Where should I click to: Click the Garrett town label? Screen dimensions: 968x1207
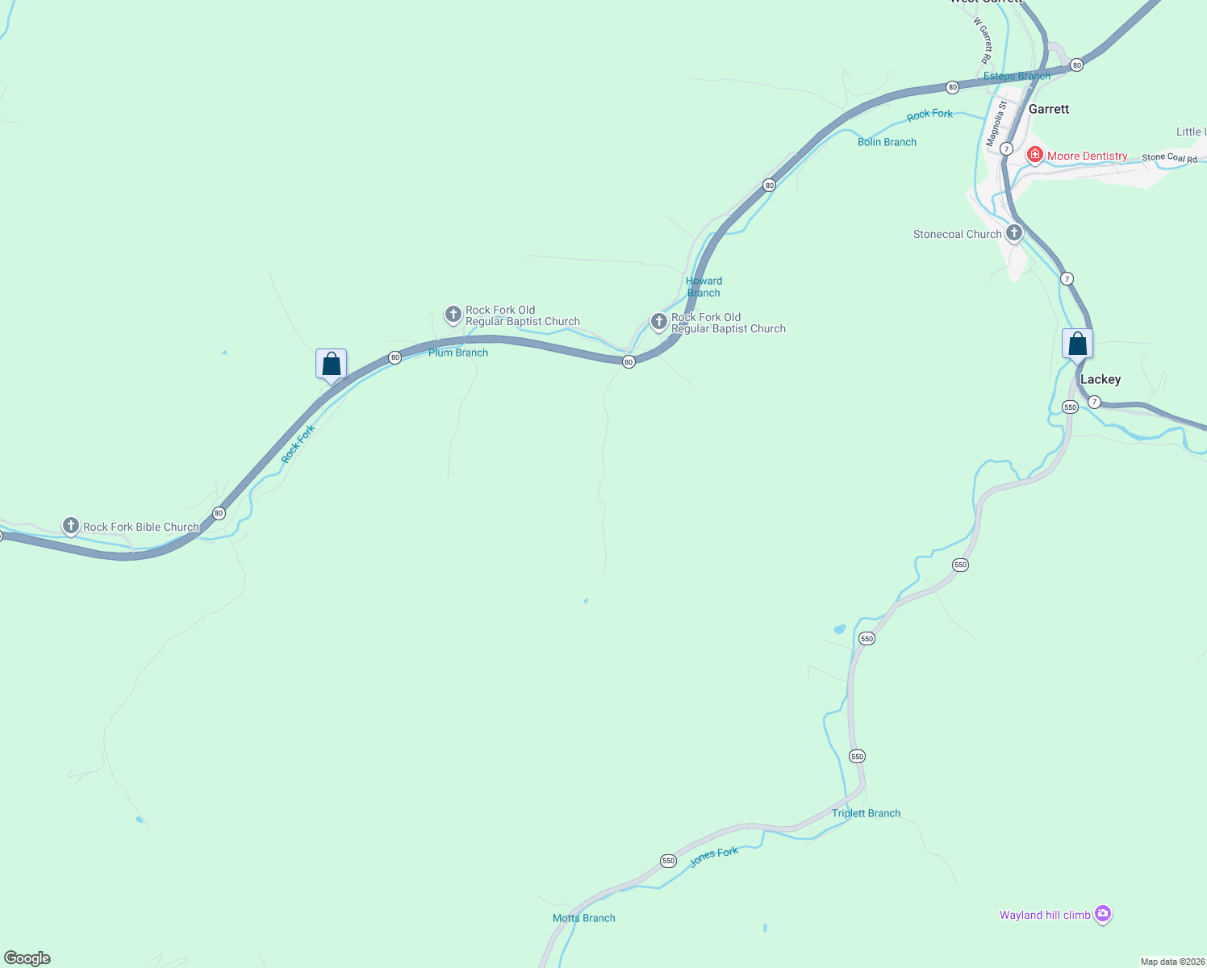coord(1048,109)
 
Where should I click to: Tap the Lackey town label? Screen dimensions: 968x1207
coord(1100,379)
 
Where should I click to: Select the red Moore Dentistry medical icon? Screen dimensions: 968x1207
coord(1034,154)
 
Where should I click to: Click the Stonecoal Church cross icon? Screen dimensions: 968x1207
coord(1014,233)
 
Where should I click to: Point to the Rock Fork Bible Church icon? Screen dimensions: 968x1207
coord(71,526)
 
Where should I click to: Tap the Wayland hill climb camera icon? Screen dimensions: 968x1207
coord(1103,914)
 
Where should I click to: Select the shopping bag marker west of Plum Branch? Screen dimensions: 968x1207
coord(331,364)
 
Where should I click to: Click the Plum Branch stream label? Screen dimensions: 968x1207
coord(457,353)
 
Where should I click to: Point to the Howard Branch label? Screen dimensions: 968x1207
coord(704,286)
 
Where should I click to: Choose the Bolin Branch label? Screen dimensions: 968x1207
coord(887,142)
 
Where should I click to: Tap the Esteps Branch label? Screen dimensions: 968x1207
coord(1017,76)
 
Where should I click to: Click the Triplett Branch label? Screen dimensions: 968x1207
coord(866,813)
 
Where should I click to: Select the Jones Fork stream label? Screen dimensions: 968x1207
coord(714,857)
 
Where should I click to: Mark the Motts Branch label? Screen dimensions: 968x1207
coord(583,918)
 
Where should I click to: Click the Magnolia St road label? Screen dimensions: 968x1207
coord(997,123)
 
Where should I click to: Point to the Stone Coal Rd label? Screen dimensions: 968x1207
coord(1169,157)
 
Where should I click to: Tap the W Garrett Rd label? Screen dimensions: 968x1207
coord(983,40)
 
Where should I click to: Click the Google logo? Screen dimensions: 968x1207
coord(27,958)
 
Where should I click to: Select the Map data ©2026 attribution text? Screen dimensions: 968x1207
coord(1171,962)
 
